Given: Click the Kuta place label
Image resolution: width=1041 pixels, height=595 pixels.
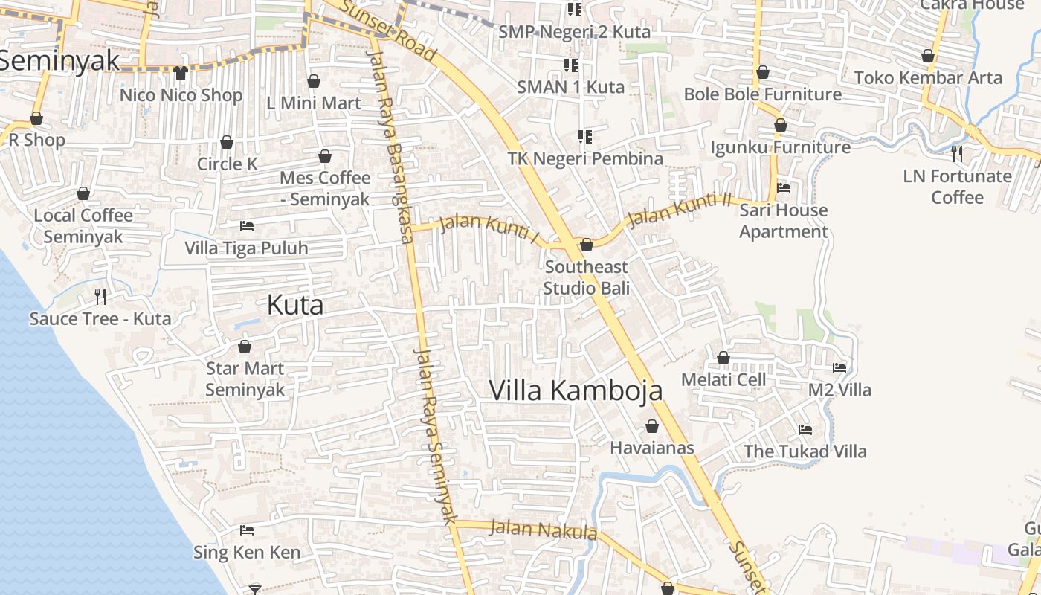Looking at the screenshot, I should (x=295, y=305).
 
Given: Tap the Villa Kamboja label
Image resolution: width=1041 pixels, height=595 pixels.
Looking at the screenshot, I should (x=576, y=390).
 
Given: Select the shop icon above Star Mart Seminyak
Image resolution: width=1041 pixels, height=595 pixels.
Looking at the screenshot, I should (x=245, y=347).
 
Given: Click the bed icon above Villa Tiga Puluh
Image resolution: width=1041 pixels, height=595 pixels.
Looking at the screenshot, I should (x=247, y=225).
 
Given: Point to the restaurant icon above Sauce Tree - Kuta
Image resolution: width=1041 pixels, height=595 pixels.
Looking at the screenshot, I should (x=100, y=297).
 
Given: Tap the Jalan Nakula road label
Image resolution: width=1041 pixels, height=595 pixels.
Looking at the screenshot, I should (x=544, y=530).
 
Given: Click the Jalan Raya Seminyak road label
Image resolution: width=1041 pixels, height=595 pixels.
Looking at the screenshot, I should (x=434, y=436).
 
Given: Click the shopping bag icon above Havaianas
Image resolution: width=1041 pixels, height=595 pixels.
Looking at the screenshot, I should (x=652, y=426).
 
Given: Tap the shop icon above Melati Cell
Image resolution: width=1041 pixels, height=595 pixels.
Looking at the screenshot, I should (x=723, y=358).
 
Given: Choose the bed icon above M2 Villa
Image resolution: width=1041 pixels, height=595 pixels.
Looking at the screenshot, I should (x=839, y=368).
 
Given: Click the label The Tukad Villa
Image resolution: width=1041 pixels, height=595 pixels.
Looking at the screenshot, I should (x=805, y=451).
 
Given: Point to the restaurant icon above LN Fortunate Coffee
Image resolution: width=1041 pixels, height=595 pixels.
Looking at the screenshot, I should (x=958, y=154).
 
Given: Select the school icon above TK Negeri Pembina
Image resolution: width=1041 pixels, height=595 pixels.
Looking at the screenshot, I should (x=585, y=137).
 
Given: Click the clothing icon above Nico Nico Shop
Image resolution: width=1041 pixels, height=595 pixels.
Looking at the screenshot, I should (x=181, y=72).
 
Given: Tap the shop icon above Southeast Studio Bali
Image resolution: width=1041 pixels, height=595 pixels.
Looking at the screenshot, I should (x=587, y=245).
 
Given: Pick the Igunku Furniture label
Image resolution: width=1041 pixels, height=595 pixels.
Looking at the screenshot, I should (x=781, y=147).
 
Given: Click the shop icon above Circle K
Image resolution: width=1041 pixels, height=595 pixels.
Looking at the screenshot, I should (x=227, y=142).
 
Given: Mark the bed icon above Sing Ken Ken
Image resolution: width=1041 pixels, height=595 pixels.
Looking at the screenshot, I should (x=247, y=530).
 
